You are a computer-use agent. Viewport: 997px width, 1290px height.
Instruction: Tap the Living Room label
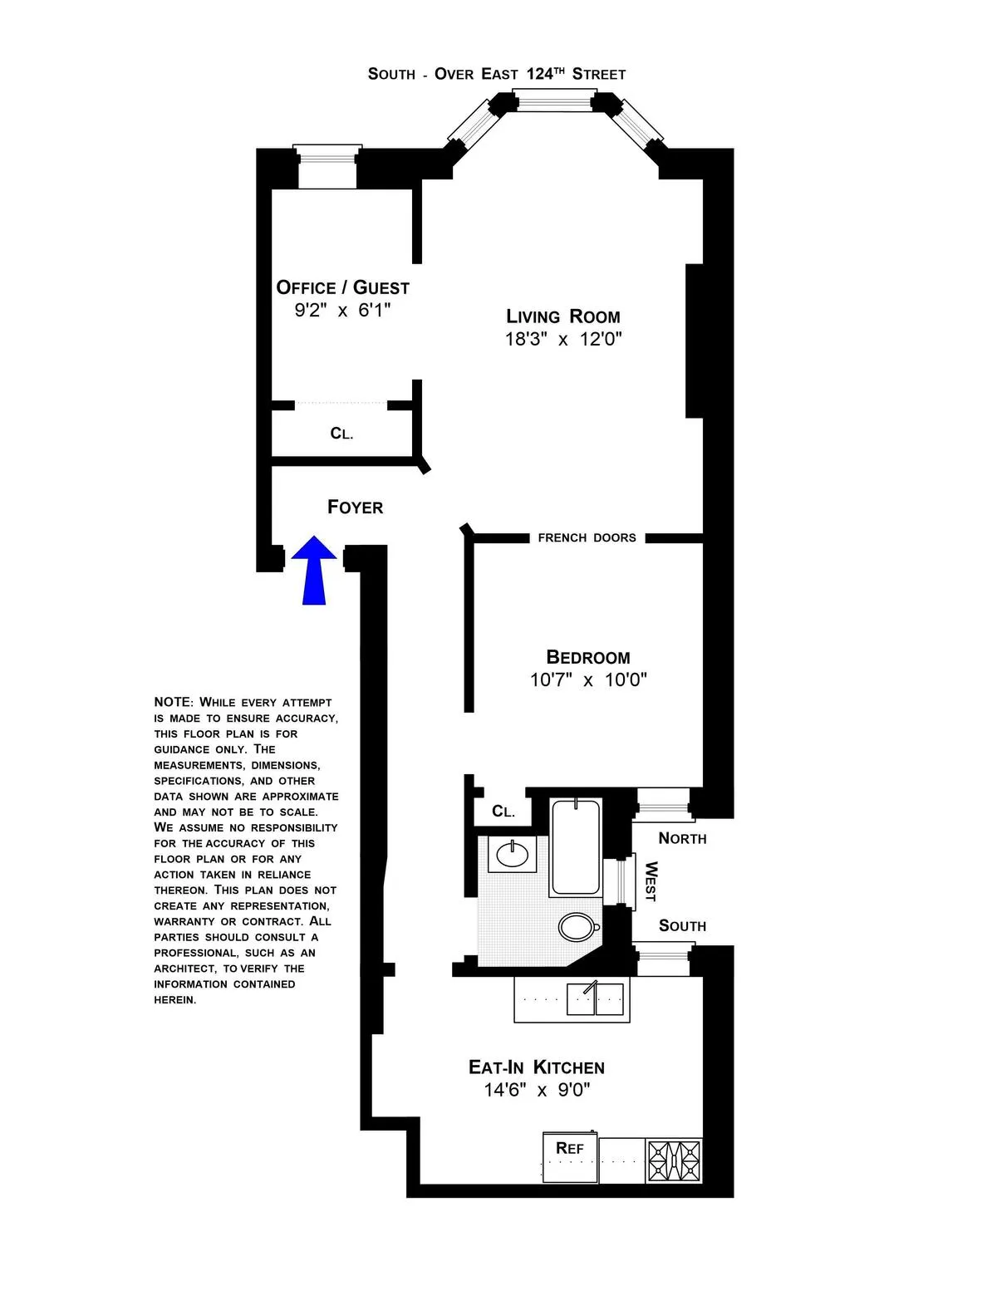tap(563, 316)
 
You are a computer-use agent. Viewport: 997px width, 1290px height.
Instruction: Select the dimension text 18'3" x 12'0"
tap(563, 339)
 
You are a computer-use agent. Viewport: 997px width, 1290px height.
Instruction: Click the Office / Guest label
tap(342, 287)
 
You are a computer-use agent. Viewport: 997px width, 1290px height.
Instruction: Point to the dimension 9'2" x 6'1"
tap(342, 311)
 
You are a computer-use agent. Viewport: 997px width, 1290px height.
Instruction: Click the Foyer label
tap(355, 508)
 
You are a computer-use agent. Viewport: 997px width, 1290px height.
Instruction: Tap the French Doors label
tap(587, 538)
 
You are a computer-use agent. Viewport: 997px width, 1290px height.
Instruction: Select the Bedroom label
tap(587, 657)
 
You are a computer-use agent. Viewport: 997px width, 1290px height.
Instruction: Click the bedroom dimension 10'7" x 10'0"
tap(587, 680)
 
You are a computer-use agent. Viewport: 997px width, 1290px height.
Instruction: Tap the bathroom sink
tap(512, 854)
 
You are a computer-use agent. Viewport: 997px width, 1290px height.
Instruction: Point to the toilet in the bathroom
tap(578, 925)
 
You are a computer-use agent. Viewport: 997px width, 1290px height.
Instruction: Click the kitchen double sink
tap(595, 998)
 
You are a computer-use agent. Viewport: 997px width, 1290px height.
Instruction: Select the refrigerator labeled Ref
tap(570, 1156)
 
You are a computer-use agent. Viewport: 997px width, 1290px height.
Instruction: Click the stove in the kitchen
tap(675, 1160)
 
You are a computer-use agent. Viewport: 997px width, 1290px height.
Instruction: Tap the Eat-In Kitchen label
tap(536, 1067)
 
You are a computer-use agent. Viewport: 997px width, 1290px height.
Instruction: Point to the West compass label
tap(651, 881)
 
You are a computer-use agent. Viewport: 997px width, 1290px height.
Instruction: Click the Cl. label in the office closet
tap(341, 434)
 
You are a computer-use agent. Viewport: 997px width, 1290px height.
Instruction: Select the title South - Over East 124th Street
tap(497, 74)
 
